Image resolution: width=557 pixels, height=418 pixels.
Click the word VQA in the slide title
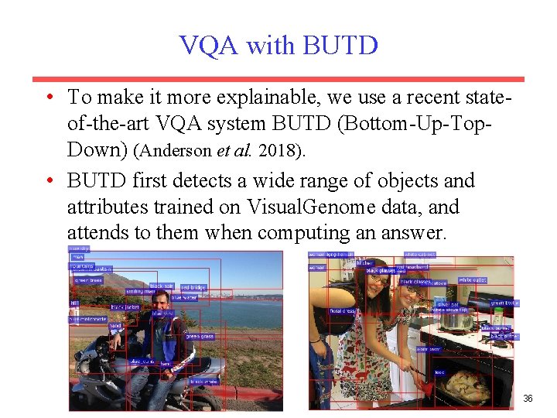point(210,45)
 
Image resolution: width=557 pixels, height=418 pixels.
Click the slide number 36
point(528,399)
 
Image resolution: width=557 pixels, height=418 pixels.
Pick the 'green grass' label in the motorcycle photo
point(199,337)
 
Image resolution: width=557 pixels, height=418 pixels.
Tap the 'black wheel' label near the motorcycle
point(203,381)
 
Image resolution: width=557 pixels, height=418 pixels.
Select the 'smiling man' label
point(139,291)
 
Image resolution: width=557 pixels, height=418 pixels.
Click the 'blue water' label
point(183,297)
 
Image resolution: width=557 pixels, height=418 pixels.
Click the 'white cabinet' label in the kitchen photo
point(419,255)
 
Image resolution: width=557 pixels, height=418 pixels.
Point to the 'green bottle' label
point(504,303)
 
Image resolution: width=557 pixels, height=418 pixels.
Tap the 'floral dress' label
point(342,311)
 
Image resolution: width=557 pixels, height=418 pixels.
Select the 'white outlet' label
point(472,279)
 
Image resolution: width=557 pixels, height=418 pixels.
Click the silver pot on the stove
point(456,319)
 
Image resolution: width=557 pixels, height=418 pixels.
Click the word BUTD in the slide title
point(340,45)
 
